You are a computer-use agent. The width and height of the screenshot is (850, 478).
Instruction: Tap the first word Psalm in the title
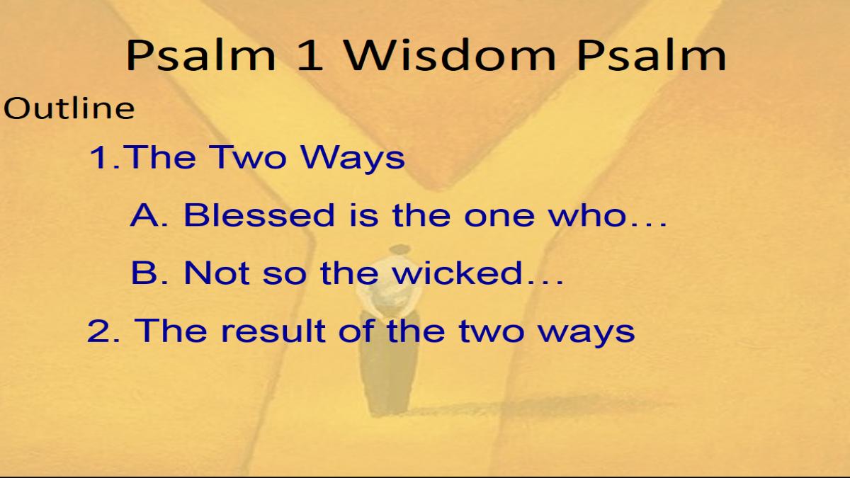(201, 55)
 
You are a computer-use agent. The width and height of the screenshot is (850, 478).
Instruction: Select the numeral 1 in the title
(310, 55)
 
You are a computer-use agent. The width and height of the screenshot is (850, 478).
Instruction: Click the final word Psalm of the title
(651, 55)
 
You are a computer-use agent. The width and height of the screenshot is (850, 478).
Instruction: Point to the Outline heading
(69, 108)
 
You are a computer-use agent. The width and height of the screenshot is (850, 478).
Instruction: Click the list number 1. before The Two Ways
(104, 157)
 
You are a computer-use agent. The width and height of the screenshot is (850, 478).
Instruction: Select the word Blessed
(259, 215)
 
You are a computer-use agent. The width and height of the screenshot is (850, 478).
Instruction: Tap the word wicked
(458, 273)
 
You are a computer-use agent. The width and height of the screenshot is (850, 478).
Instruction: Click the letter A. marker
(149, 215)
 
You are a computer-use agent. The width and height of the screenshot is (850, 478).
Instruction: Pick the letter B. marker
(149, 273)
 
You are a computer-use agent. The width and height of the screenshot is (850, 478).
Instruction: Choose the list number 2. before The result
(103, 331)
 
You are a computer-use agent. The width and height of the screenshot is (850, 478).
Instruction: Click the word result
(273, 330)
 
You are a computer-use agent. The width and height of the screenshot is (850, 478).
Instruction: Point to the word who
(587, 215)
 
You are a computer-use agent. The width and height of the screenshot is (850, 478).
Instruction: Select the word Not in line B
(217, 273)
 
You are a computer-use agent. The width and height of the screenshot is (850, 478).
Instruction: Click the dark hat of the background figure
(399, 249)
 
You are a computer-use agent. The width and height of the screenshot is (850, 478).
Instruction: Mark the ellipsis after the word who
(647, 224)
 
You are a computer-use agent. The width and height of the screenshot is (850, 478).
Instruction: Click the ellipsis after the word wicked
(544, 283)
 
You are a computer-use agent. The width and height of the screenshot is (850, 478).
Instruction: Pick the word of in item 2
(357, 330)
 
